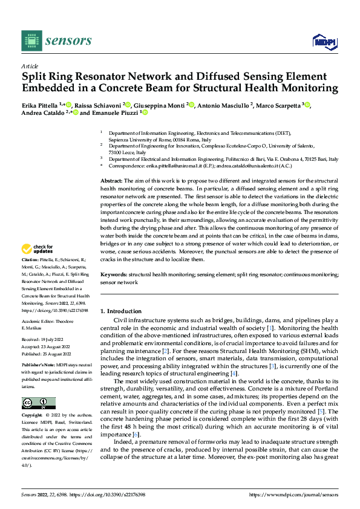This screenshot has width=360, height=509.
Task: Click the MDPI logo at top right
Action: point(324,41)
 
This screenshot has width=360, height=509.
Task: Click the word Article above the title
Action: point(29,66)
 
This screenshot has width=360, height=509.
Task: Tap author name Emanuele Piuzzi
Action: point(115,112)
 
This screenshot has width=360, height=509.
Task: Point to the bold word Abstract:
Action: point(111,181)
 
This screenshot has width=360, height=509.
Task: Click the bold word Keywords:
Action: point(113,274)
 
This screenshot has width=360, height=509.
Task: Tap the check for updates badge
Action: point(38,249)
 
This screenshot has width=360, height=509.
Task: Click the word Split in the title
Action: point(35,77)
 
